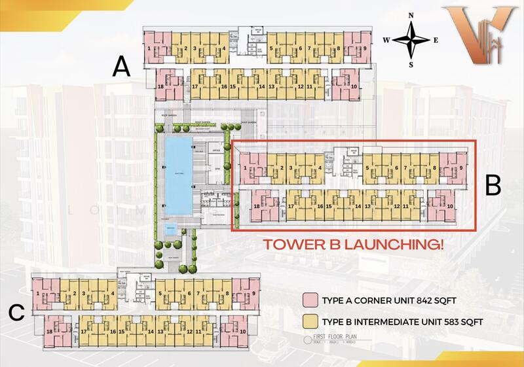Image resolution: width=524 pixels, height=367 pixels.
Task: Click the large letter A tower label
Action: [x=119, y=66]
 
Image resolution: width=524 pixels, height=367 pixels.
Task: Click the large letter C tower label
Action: [x=17, y=313]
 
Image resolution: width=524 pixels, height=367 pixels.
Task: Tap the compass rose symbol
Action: [x=411, y=41]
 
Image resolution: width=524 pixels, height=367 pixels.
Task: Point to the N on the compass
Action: [x=411, y=16]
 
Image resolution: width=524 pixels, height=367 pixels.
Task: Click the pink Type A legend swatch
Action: [x=310, y=301]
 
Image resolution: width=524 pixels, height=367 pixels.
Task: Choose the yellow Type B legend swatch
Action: [x=310, y=321]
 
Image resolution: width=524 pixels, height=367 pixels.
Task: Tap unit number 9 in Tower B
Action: [x=462, y=168]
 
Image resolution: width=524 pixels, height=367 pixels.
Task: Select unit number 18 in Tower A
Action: [x=160, y=86]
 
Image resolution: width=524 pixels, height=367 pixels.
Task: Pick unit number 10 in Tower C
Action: [x=243, y=332]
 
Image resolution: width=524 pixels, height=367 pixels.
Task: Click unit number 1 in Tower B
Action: [x=244, y=168]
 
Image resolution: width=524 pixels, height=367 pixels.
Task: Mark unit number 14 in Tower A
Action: [x=261, y=86]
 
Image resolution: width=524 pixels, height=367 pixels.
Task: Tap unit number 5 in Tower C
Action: [x=160, y=294]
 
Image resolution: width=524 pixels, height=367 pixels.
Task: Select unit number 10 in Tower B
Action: [x=451, y=206]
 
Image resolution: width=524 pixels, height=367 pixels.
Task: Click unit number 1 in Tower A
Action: [x=150, y=48]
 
